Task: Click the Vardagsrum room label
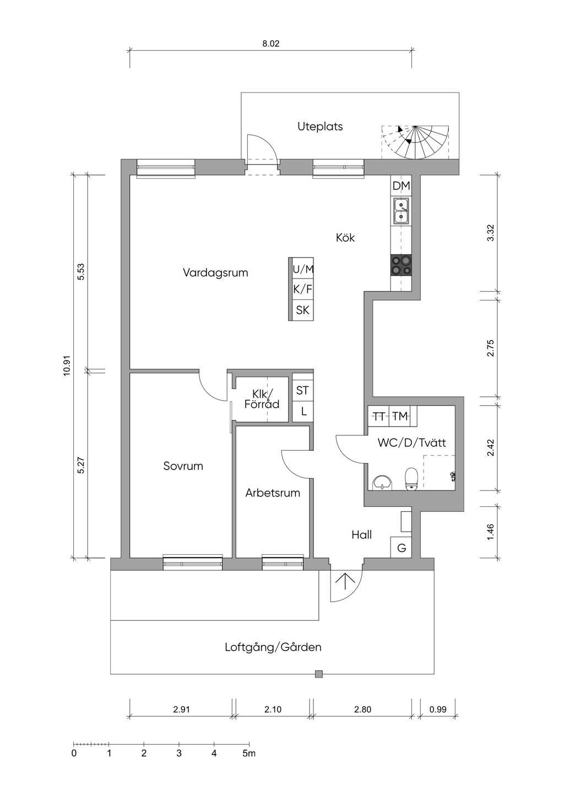[215, 272]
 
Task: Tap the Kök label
[345, 238]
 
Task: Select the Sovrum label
[183, 466]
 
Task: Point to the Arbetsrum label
[273, 493]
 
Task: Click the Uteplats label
[320, 127]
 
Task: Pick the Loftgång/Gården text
[273, 647]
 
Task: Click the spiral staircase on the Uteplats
[417, 141]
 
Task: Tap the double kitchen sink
[401, 211]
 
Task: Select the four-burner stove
[401, 265]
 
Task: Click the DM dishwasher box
[401, 186]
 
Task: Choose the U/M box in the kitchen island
[303, 269]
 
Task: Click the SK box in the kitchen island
[303, 310]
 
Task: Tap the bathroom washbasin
[382, 482]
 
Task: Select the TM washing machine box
[400, 416]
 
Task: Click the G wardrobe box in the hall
[402, 548]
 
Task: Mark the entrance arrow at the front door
[346, 582]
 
